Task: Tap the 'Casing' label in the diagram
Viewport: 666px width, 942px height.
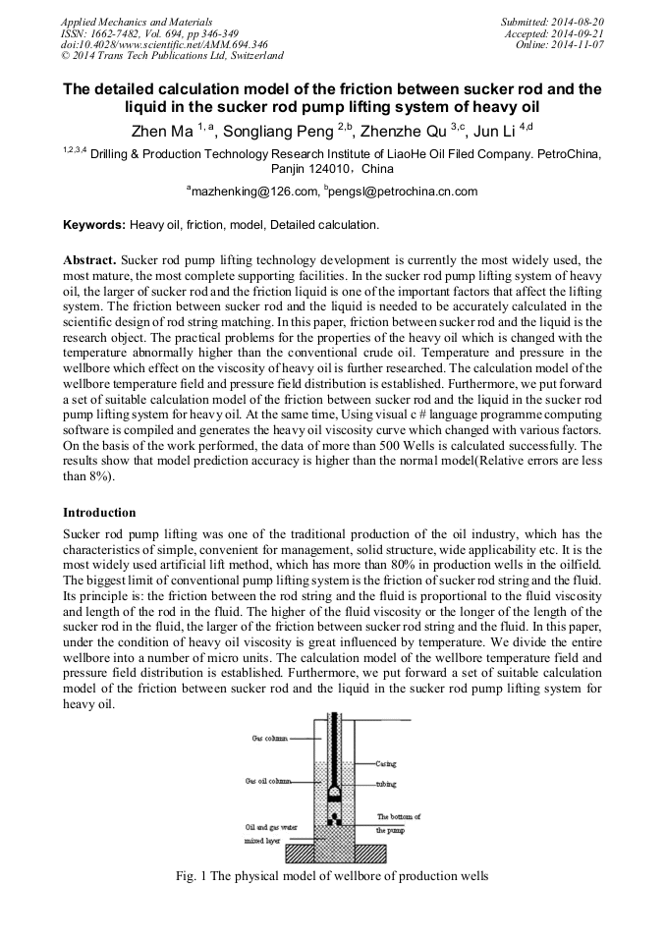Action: (385, 763)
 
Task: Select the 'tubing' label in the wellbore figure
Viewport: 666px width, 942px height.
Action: (385, 785)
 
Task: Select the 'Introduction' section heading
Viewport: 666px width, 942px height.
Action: (99, 512)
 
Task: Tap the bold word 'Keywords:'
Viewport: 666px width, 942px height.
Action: (94, 225)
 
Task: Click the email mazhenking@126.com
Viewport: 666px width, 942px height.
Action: (253, 192)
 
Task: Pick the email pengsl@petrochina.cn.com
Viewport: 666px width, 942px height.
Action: (393, 192)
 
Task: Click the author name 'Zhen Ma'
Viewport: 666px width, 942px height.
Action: (161, 130)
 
